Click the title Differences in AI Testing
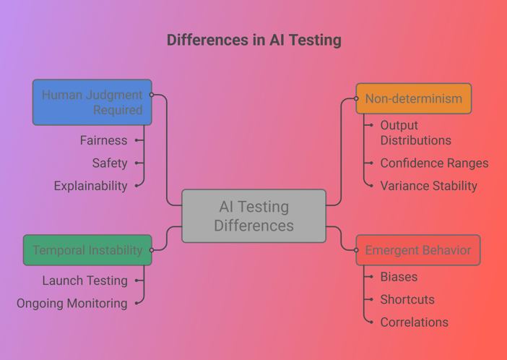pyautogui.click(x=253, y=40)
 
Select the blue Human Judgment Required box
pyautogui.click(x=92, y=103)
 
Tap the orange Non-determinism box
pyautogui.click(x=414, y=98)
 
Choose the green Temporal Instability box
pyautogui.click(x=87, y=250)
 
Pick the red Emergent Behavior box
pyautogui.click(x=418, y=250)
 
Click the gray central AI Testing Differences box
pyautogui.click(x=253, y=216)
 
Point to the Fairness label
pyautogui.click(x=103, y=140)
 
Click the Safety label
pyautogui.click(x=110, y=163)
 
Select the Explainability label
pyautogui.click(x=90, y=187)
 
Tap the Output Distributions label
pyautogui.click(x=415, y=133)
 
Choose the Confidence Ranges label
pyautogui.click(x=434, y=163)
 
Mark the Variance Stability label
pyautogui.click(x=429, y=187)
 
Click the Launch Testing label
pyautogui.click(x=84, y=280)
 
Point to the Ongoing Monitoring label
pyautogui.click(x=71, y=304)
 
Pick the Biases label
pyautogui.click(x=399, y=277)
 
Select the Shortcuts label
pyautogui.click(x=407, y=300)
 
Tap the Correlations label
pyautogui.click(x=415, y=322)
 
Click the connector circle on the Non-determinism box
pyautogui.click(x=356, y=98)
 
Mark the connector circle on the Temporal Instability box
pyautogui.click(x=152, y=250)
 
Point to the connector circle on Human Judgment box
pyautogui.click(x=152, y=95)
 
